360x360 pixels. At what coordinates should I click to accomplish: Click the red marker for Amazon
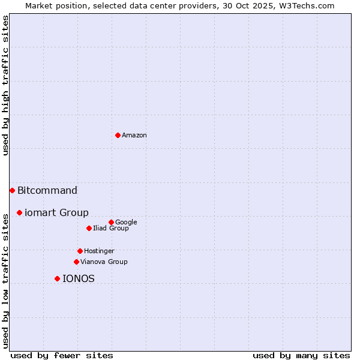pyautogui.click(x=118, y=135)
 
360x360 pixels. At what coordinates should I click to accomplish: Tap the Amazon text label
pyautogui.click(x=134, y=136)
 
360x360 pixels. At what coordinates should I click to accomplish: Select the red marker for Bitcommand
pyautogui.click(x=12, y=190)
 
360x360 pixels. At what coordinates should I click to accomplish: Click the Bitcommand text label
pyautogui.click(x=47, y=191)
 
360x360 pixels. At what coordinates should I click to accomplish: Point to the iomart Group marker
pyautogui.click(x=19, y=212)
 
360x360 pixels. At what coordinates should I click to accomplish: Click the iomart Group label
pyautogui.click(x=56, y=213)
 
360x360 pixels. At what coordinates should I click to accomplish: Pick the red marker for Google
pyautogui.click(x=111, y=222)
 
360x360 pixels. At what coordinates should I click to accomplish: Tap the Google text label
pyautogui.click(x=126, y=223)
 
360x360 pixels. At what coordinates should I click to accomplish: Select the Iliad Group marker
pyautogui.click(x=89, y=228)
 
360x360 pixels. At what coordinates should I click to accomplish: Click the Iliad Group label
pyautogui.click(x=111, y=229)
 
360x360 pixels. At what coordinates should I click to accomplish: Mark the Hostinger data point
pyautogui.click(x=80, y=251)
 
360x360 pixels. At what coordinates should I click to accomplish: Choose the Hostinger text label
pyautogui.click(x=99, y=251)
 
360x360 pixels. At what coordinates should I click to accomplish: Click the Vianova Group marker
pyautogui.click(x=76, y=262)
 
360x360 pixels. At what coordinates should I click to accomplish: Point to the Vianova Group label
pyautogui.click(x=104, y=262)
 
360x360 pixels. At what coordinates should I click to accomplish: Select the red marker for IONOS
pyautogui.click(x=57, y=278)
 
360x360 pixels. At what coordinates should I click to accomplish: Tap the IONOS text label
pyautogui.click(x=79, y=279)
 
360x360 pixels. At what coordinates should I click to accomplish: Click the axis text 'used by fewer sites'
pyautogui.click(x=62, y=355)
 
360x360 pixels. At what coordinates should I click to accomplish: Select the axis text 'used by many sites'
pyautogui.click(x=301, y=355)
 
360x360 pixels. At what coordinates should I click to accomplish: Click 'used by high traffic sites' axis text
pyautogui.click(x=6, y=85)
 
